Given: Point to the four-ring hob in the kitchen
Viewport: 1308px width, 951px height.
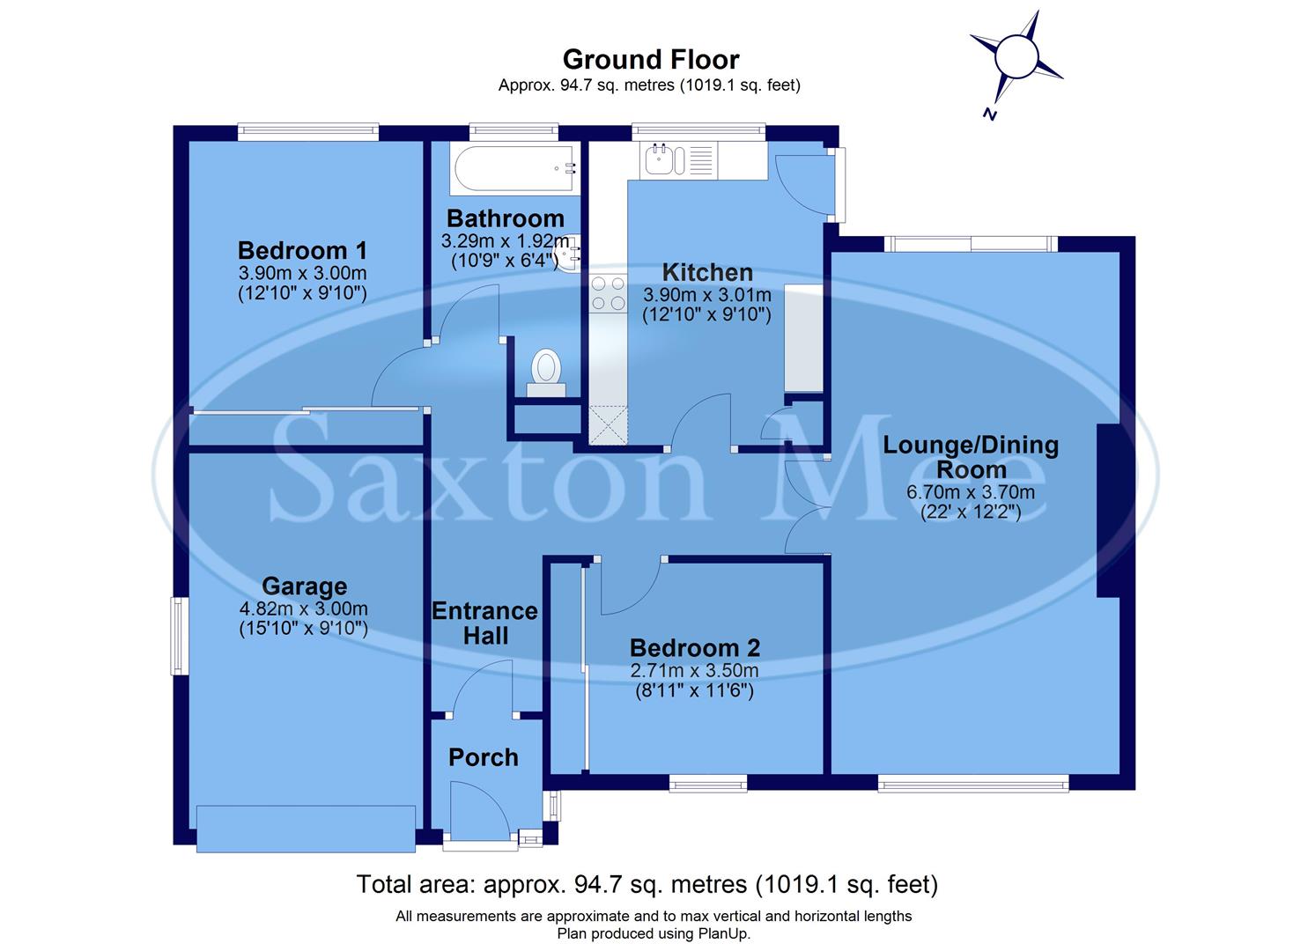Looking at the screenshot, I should [x=606, y=293].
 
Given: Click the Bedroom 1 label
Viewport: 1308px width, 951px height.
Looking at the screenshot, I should [x=302, y=250].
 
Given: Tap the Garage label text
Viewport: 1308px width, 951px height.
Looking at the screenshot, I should [x=304, y=586].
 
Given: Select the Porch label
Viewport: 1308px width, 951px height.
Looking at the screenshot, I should [x=483, y=757].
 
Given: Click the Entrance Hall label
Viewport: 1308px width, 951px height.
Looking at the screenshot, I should [x=484, y=623].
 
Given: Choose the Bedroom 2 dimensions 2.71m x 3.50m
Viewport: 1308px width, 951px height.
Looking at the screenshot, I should [x=694, y=671].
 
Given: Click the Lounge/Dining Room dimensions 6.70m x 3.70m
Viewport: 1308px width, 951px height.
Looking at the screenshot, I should [x=971, y=492].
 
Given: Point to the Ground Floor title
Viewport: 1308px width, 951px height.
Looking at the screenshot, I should [x=650, y=60].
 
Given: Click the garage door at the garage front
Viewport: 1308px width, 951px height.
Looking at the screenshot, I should [x=306, y=829].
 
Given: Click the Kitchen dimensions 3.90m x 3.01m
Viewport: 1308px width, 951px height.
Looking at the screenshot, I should [x=706, y=295].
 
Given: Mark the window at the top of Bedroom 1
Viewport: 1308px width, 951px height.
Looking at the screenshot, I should [x=308, y=133].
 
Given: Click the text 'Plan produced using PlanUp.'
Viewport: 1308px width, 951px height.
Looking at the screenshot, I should [x=654, y=933].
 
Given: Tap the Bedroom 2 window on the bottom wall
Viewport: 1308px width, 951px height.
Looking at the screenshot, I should [x=707, y=782].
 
